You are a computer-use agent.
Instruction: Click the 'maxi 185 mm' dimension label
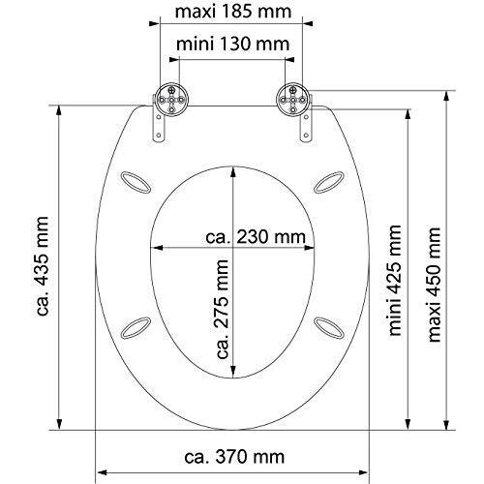233,12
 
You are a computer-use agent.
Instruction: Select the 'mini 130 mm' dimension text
233,45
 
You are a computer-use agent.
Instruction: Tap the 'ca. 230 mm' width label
256,237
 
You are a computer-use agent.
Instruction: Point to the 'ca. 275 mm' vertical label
223,310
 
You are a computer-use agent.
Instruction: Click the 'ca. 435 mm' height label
43,266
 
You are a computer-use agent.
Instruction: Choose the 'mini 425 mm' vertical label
395,281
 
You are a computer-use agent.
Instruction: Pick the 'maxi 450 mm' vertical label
434,285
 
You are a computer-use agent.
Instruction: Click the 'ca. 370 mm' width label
234,457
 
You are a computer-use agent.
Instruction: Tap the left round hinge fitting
171,100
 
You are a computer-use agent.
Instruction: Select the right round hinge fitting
293,100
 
